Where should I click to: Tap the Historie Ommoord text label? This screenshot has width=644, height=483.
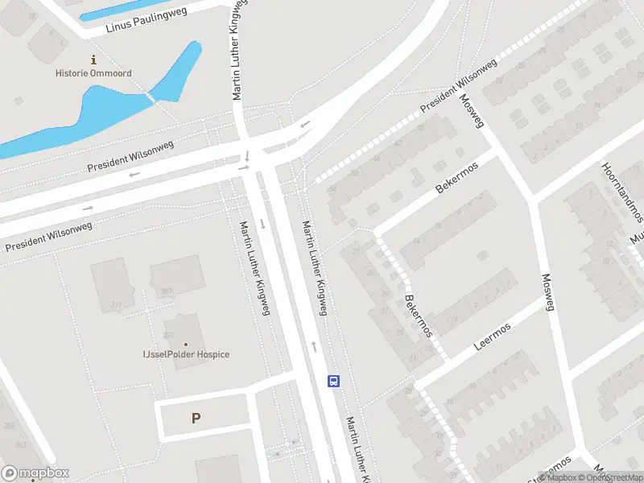coord(93,73)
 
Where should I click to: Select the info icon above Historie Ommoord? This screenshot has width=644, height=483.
coord(93,60)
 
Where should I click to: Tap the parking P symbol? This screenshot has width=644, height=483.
coord(195,419)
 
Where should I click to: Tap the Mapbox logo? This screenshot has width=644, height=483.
coord(35,473)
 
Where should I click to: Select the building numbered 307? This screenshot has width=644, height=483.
coord(167,291)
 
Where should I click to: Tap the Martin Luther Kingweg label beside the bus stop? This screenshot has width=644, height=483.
coord(356,449)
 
